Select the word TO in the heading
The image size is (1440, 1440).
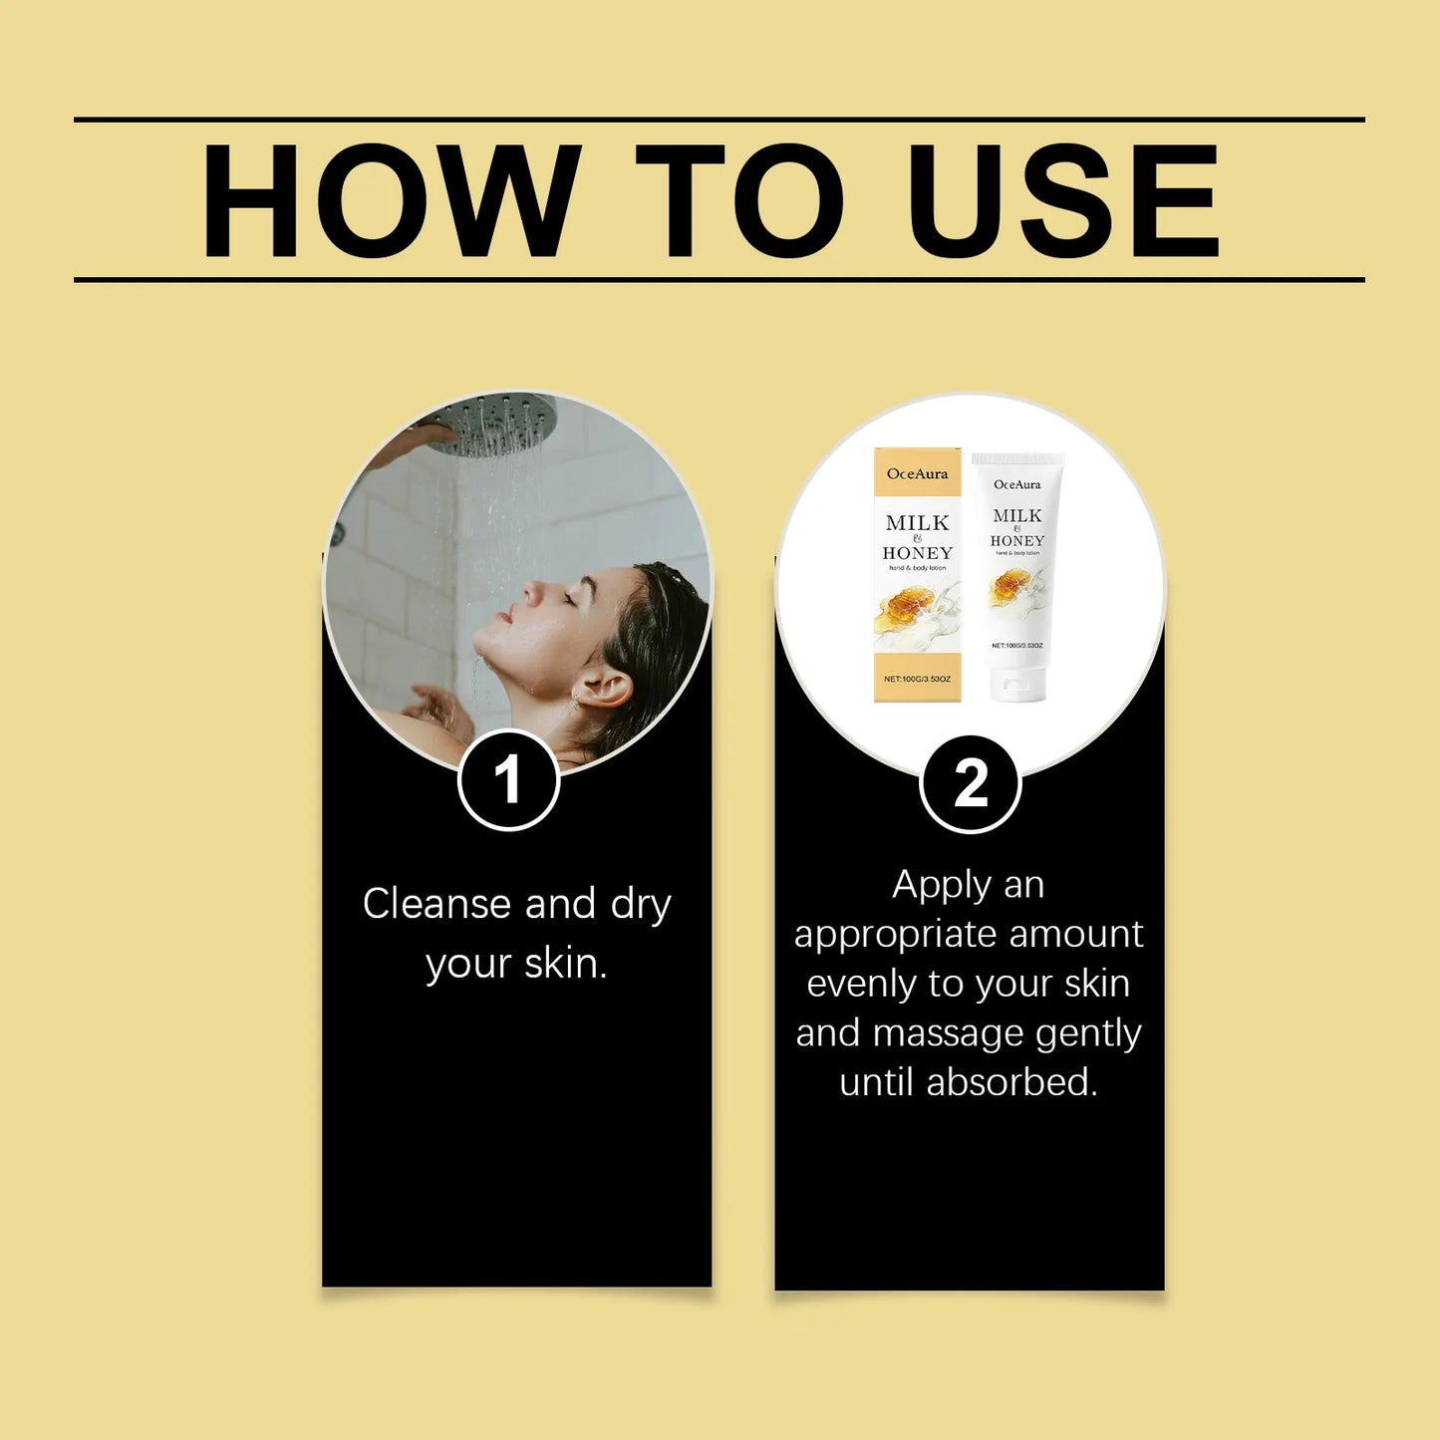coord(738,200)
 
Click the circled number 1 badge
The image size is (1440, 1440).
coord(508,779)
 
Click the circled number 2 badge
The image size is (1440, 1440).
coord(970,783)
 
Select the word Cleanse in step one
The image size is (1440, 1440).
coord(436,904)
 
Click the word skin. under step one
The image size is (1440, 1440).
coord(566,964)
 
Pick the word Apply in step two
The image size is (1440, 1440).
coord(941,885)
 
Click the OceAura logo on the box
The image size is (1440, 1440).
coord(917,474)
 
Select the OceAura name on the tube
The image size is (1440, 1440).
coord(1016,485)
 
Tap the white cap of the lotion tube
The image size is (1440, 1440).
coord(1016,685)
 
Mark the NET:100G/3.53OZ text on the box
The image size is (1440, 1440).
coord(917,679)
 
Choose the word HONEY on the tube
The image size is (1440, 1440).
coord(1016,541)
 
